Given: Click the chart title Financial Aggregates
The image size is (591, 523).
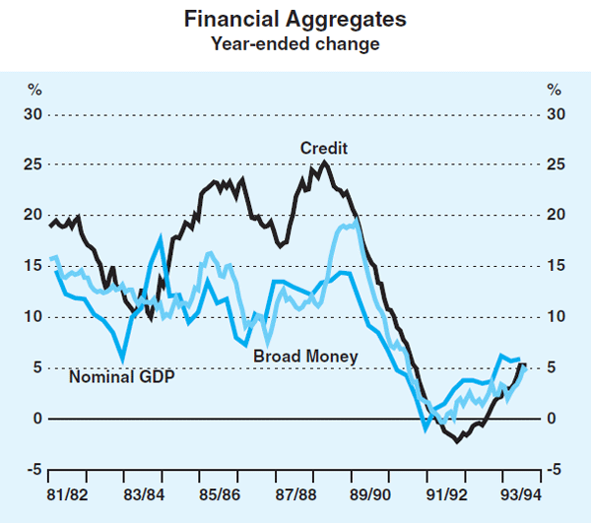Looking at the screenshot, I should pyautogui.click(x=295, y=19).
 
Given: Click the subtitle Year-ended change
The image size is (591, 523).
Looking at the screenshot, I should pyautogui.click(x=295, y=43).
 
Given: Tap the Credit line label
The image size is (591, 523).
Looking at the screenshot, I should pyautogui.click(x=324, y=148).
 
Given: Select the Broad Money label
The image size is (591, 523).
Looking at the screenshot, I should pyautogui.click(x=305, y=355).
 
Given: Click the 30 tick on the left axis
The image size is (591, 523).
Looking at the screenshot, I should pyautogui.click(x=33, y=113).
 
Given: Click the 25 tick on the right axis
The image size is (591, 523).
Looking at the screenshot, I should pyautogui.click(x=557, y=164).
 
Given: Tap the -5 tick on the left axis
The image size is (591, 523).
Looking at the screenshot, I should pyautogui.click(x=34, y=470).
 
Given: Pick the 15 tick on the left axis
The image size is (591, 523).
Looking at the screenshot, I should pyautogui.click(x=33, y=266).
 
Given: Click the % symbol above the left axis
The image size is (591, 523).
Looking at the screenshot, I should pyautogui.click(x=34, y=90).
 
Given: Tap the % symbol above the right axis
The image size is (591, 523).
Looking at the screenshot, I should pyautogui.click(x=555, y=90).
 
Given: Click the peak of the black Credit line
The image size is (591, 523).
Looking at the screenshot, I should pyautogui.click(x=325, y=163).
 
